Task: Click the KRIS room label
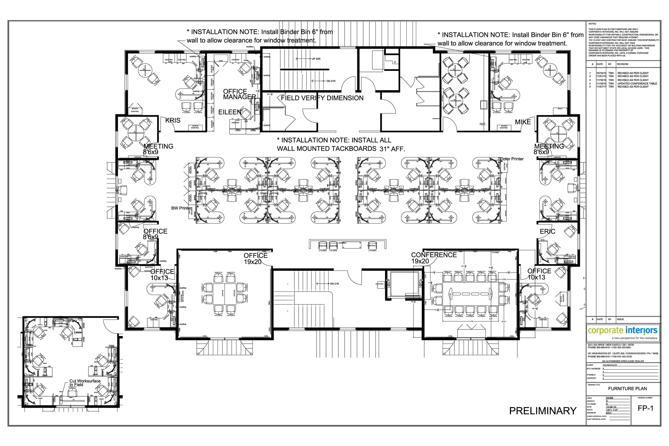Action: (173, 120)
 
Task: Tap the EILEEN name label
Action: (230, 112)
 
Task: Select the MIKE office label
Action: (523, 122)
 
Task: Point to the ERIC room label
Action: (547, 231)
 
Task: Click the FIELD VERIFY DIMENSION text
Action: (322, 98)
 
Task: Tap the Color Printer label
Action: (512, 159)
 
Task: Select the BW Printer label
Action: (181, 208)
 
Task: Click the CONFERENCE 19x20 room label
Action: (433, 258)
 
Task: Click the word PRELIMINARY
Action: (543, 411)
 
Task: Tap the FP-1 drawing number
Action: (645, 408)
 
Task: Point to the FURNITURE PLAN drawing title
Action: (627, 388)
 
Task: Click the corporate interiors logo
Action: (623, 330)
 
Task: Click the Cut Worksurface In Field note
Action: (85, 383)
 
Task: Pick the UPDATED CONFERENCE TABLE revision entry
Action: (637, 83)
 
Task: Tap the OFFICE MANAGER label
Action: (239, 94)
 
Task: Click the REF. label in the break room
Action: (483, 124)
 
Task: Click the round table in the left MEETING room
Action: (137, 133)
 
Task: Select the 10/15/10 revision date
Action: (601, 73)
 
